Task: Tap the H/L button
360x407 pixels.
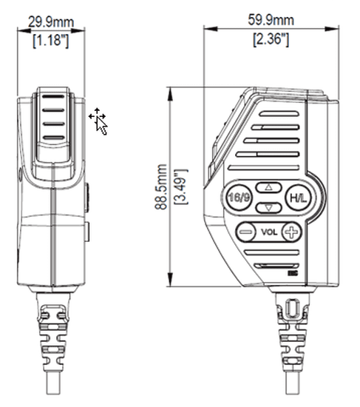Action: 298,198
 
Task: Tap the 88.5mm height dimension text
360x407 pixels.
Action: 160,188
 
